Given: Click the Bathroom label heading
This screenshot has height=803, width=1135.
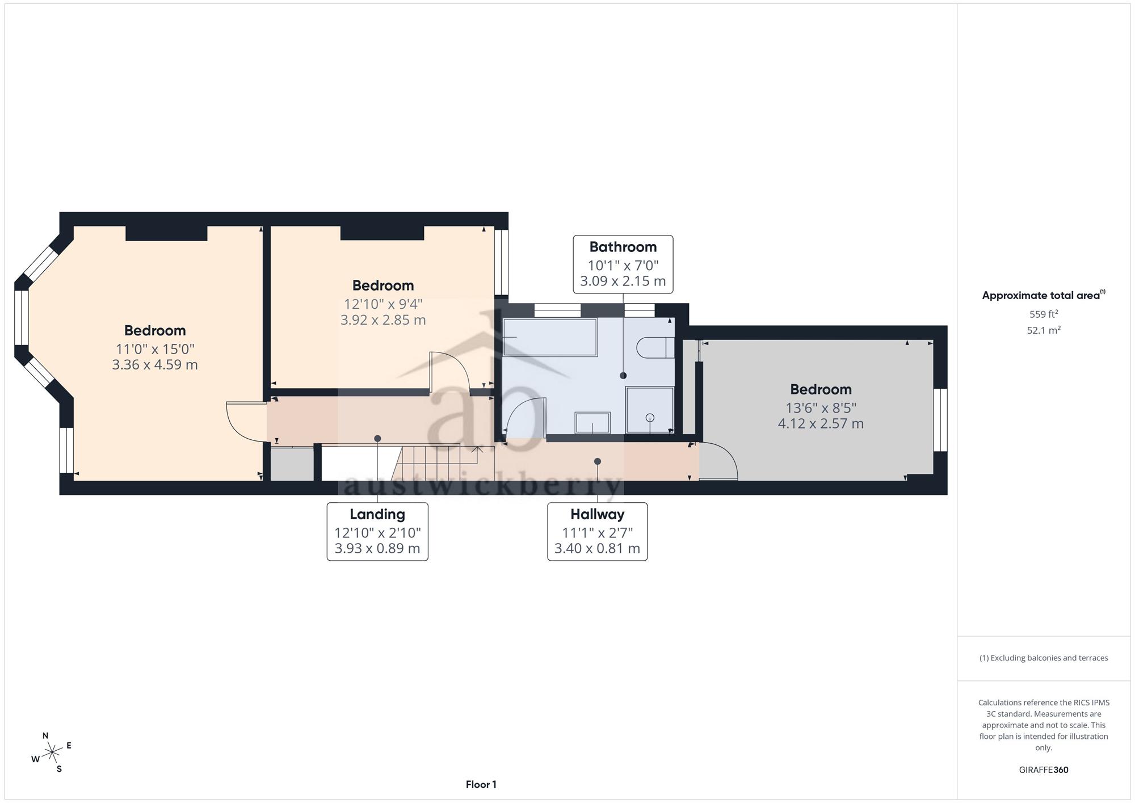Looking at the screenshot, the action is (x=623, y=247).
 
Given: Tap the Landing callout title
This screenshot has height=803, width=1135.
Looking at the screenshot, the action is (x=377, y=514).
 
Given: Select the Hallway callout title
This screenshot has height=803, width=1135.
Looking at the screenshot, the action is (x=597, y=514).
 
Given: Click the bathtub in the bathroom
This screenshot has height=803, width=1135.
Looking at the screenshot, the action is (x=550, y=338).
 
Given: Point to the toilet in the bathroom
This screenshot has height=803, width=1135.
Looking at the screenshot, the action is (x=655, y=347).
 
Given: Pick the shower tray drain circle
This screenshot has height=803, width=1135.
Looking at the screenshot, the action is (x=650, y=418).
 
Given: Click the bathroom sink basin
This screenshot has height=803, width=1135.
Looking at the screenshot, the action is (x=592, y=423).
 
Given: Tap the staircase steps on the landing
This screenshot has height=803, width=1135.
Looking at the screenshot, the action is (x=437, y=462).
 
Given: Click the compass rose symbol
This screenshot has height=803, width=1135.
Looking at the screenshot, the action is (x=52, y=753).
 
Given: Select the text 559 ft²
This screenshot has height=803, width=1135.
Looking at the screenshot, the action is (x=1044, y=314).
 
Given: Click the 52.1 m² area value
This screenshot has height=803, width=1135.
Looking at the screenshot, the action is (x=1044, y=330).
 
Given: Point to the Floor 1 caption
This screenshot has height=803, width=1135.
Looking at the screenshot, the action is (x=481, y=784).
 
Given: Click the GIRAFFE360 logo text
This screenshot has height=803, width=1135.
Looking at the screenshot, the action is (x=1044, y=770).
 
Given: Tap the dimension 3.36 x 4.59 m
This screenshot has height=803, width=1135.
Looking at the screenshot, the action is (x=155, y=364).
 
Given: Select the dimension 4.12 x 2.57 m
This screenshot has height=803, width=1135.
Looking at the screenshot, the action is (x=821, y=423).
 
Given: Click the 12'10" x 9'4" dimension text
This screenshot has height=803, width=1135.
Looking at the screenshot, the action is (x=383, y=304).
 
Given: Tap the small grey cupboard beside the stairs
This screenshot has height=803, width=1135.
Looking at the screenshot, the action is (x=292, y=464).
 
